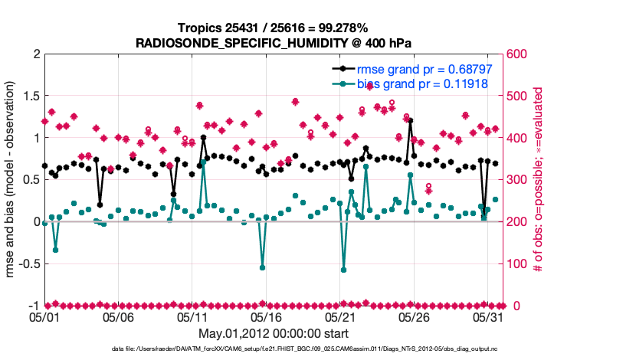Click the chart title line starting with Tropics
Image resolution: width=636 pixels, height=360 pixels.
274,28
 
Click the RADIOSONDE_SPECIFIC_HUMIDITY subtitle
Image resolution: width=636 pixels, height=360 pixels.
274,44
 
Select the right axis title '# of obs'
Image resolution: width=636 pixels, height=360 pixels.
539,180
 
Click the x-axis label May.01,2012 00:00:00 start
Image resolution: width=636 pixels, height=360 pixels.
274,334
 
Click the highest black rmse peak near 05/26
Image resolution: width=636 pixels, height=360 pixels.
411,120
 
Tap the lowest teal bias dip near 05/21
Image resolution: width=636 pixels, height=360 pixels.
343,270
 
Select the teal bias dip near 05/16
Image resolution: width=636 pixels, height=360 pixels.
262,267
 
